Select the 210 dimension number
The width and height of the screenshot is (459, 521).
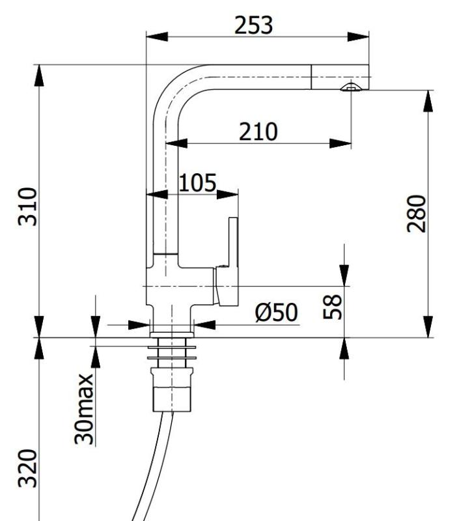pyautogui.click(x=258, y=132)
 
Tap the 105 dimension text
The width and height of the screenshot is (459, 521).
pyautogui.click(x=197, y=183)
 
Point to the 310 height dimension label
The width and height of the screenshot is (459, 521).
pyautogui.click(x=28, y=206)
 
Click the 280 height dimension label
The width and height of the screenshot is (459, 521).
pyautogui.click(x=417, y=213)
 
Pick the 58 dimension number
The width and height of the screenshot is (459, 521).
pyautogui.click(x=333, y=306)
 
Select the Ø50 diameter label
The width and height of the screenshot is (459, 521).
pyautogui.click(x=277, y=313)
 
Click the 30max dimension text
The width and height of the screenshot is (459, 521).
pyautogui.click(x=84, y=408)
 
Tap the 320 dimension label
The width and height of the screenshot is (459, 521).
pyautogui.click(x=28, y=468)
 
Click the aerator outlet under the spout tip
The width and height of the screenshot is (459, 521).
pyautogui.click(x=350, y=88)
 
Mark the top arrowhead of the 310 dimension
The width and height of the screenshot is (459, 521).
pyautogui.click(x=40, y=74)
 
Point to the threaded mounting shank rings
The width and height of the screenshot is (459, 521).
pyautogui.click(x=172, y=352)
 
